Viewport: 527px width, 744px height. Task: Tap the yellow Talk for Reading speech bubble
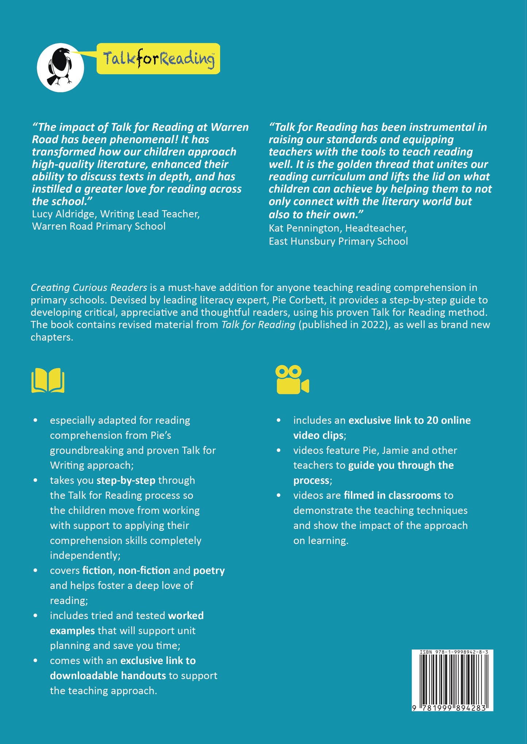[x=158, y=59]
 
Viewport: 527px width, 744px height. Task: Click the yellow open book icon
[x=48, y=380]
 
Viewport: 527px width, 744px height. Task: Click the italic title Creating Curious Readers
[x=89, y=287]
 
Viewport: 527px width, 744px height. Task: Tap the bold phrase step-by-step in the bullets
[x=126, y=480]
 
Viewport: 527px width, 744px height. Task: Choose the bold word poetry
[x=209, y=570]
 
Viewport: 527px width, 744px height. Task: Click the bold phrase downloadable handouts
[x=108, y=676]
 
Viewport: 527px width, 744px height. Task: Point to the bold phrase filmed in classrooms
[x=392, y=495]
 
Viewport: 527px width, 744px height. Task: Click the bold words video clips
[x=318, y=435]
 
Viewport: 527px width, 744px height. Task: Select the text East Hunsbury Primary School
[x=338, y=241]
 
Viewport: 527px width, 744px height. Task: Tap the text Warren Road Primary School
[x=99, y=226]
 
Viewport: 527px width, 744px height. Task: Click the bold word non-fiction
[x=144, y=570]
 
